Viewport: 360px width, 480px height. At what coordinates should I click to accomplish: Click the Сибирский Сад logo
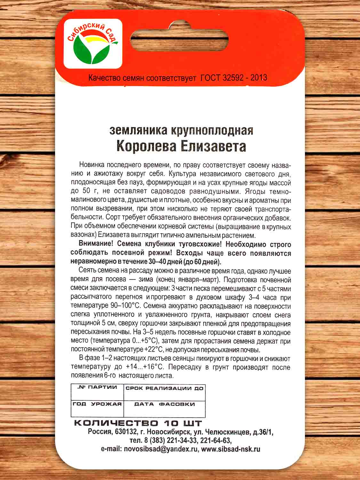92,44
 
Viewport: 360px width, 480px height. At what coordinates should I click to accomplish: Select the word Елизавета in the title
212,146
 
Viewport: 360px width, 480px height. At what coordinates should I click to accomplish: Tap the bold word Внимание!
95,244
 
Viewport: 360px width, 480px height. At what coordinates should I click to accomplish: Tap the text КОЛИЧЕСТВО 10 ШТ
138,423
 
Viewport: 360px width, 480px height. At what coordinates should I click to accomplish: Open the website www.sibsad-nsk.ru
231,449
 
